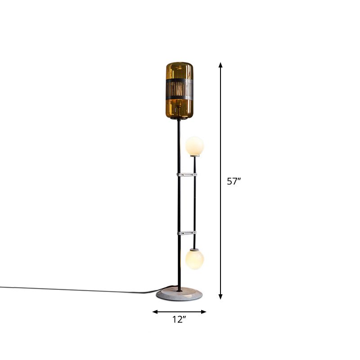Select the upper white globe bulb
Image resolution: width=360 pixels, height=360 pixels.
(x=194, y=145)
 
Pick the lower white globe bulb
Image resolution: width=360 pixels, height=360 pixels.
(x=194, y=259)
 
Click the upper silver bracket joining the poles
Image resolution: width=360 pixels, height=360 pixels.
(x=186, y=174)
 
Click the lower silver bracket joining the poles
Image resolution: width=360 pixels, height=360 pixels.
(x=186, y=233)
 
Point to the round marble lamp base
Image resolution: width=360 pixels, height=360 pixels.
(x=179, y=295)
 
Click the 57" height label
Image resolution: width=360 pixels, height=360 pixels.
(x=234, y=182)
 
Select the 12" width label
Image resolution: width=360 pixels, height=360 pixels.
(x=179, y=320)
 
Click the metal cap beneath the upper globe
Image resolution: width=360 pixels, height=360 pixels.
(x=194, y=156)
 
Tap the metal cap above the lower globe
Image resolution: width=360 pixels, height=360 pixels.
(x=194, y=249)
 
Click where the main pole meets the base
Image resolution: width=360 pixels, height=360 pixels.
(x=179, y=290)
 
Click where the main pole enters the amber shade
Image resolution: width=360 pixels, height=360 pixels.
(x=178, y=118)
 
